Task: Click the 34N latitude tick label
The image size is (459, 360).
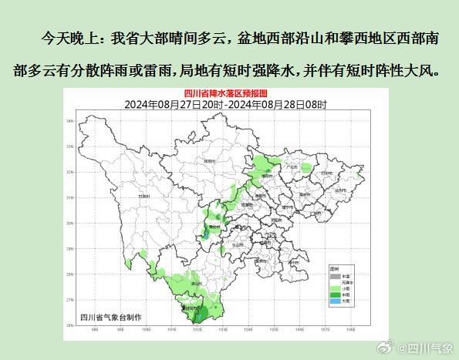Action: (x=91, y=122)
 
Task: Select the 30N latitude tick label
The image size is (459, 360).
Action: (x=91, y=224)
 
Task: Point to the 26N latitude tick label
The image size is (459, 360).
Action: (x=91, y=325)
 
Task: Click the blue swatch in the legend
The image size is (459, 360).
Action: (x=334, y=301)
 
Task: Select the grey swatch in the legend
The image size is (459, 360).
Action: (x=334, y=276)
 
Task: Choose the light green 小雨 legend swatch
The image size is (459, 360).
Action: (x=334, y=288)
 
